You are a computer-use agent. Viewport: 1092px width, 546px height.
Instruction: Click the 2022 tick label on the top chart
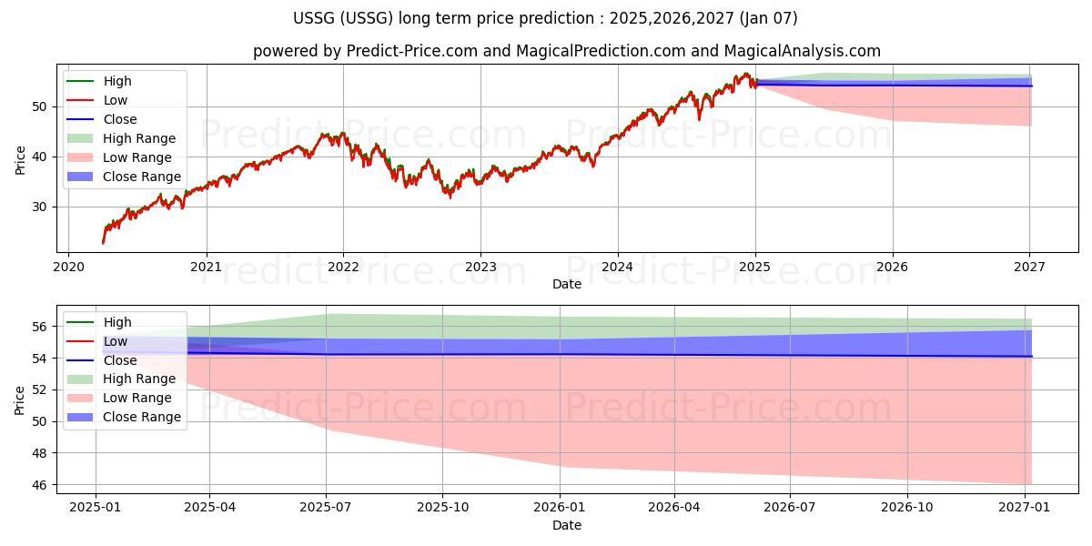pos(343,267)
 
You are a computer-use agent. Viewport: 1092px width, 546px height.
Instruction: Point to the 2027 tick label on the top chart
pos(1029,267)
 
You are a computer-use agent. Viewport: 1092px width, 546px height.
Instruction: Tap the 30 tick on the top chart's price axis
pos(39,207)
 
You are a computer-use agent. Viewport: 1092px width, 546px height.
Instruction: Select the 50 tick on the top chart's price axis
pos(39,106)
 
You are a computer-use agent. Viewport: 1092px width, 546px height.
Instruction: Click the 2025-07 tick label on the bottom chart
pos(326,507)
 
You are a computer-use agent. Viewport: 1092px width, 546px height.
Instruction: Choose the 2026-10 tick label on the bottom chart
pos(907,507)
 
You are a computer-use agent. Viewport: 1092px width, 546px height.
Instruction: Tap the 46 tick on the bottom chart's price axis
pos(39,485)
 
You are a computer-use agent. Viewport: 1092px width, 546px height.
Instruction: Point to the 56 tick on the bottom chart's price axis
pos(39,327)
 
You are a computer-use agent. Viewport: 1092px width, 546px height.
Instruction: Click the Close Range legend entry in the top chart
pos(124,177)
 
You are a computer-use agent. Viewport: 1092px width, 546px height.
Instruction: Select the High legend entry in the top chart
pos(99,81)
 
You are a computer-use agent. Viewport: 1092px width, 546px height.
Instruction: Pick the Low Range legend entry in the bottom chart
pos(119,398)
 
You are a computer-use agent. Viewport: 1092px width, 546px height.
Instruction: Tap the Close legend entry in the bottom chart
pos(101,360)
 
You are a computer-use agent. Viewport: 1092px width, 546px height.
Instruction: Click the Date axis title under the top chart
pos(566,284)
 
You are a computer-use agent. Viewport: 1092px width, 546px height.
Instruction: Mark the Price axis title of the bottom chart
pos(19,400)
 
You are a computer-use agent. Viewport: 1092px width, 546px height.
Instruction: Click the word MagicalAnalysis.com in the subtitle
pos(802,51)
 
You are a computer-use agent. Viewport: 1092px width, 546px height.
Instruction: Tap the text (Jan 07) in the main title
pos(768,18)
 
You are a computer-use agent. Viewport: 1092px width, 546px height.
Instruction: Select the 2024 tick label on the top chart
pos(618,267)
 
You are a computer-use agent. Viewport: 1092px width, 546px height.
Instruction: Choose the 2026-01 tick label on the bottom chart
pos(560,507)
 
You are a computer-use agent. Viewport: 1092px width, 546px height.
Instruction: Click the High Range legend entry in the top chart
pos(121,138)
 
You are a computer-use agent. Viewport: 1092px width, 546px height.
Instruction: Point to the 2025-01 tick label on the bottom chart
pos(95,507)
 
